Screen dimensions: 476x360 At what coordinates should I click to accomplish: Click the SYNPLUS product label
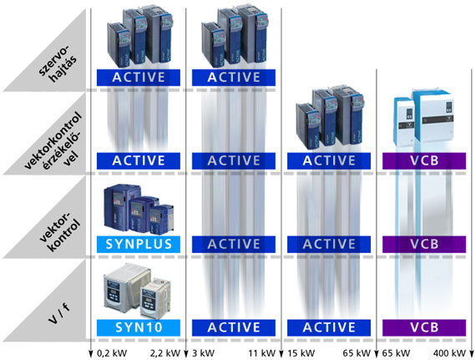(139, 244)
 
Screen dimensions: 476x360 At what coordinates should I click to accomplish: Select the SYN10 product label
(139, 327)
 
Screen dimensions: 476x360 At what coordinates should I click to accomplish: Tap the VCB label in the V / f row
(424, 327)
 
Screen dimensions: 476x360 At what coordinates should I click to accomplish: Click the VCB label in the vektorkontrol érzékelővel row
(424, 161)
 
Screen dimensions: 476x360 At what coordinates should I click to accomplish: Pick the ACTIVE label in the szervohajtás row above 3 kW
(234, 78)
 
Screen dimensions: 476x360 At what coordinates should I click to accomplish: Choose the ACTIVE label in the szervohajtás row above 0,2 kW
(139, 78)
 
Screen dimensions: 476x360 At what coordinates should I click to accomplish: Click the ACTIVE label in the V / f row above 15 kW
(329, 327)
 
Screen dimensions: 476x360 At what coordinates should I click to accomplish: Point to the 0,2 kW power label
(112, 353)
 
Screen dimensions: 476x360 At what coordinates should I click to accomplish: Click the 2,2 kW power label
(165, 353)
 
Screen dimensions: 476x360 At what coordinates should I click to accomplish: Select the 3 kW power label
(203, 353)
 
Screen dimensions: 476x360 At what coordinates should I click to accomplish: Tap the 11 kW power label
(261, 353)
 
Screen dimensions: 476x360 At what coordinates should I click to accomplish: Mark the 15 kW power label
(301, 353)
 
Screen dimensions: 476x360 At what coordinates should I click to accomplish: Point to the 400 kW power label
(449, 353)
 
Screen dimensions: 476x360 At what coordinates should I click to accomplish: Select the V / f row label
(59, 313)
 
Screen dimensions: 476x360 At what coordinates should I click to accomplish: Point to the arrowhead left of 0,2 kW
(90, 354)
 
